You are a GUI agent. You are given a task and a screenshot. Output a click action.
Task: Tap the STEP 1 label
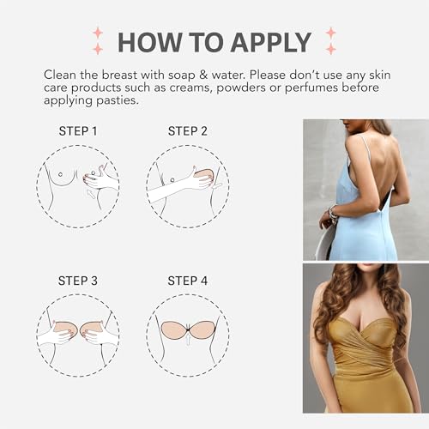point(77,131)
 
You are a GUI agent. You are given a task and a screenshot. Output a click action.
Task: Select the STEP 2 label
point(187,131)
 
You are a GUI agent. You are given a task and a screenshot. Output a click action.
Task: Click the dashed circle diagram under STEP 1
point(77,184)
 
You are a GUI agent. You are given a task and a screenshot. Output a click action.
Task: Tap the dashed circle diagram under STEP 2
point(187,184)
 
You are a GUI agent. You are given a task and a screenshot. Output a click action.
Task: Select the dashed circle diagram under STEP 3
point(77,334)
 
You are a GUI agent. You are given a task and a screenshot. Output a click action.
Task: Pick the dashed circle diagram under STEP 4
point(187,334)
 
